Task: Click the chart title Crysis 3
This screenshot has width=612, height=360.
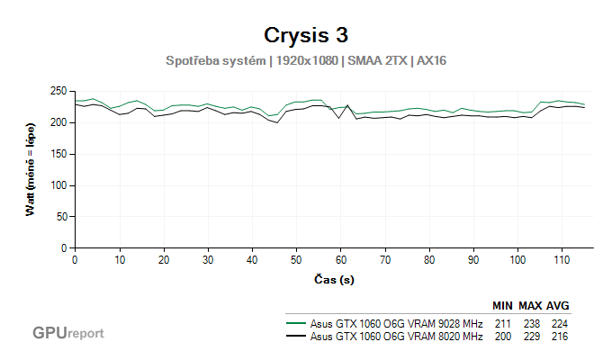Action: [306, 35]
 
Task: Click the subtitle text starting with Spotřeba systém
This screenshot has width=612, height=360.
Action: [306, 61]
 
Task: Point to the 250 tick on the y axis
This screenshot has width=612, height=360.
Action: [60, 91]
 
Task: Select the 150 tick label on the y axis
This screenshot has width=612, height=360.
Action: [60, 154]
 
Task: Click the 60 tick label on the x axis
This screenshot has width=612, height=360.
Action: [340, 260]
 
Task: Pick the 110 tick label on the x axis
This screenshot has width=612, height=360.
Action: [562, 260]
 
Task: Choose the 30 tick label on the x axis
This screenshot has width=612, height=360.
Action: [207, 260]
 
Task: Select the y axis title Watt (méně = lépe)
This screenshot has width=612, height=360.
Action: [30, 169]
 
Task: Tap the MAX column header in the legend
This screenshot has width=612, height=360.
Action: [531, 305]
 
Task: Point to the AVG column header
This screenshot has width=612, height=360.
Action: [558, 305]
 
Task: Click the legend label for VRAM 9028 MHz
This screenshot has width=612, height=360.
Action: [396, 323]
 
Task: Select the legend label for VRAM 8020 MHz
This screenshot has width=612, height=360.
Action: [396, 336]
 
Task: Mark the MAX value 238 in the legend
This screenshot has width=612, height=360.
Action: [531, 323]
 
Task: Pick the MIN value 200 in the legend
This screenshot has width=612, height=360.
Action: [504, 336]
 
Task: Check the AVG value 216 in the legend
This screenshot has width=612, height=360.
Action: [558, 336]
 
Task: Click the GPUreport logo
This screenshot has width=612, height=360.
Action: [68, 332]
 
